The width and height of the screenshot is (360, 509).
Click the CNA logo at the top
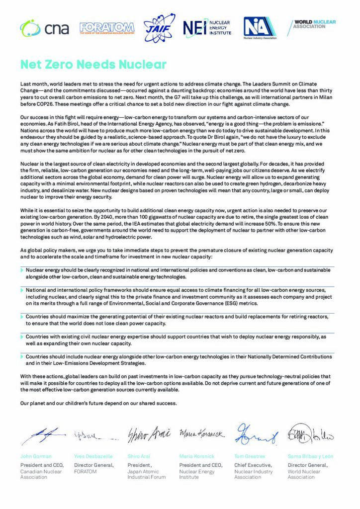pos(37,28)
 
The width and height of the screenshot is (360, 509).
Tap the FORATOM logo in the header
pos(107,28)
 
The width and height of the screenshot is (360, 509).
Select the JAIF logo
pos(159,28)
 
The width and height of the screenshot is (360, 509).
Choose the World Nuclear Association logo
pos(313,25)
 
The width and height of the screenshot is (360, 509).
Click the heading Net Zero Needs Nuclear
pos(93,65)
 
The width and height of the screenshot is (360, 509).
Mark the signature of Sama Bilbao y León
pos(310,434)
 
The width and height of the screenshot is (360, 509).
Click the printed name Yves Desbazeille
pos(93,456)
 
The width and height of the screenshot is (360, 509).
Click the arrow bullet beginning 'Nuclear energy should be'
pos(22,269)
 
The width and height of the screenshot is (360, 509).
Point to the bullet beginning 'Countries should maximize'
pos(22,316)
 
